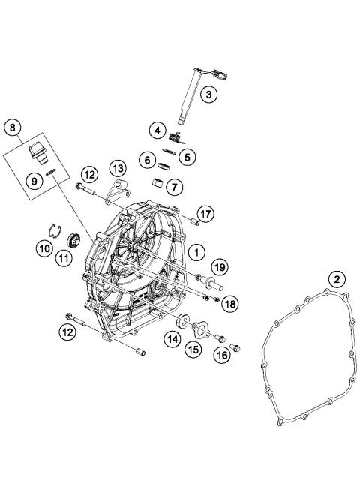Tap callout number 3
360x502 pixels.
[x=209, y=93]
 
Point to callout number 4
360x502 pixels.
[x=157, y=130]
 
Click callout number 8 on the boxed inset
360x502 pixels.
[x=12, y=128]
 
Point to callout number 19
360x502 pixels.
[x=219, y=266]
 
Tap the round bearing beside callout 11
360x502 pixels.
[x=74, y=241]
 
